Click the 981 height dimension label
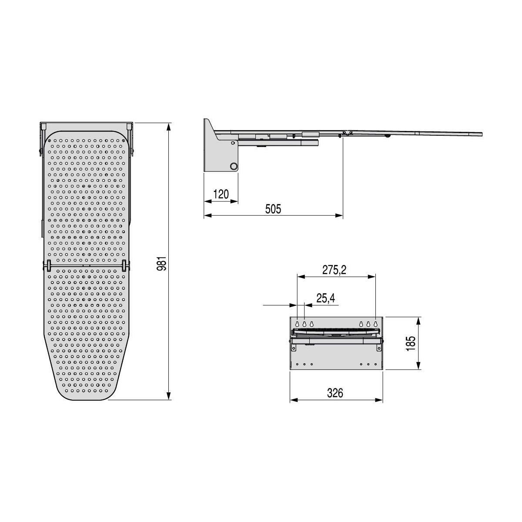(162, 263)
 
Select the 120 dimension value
(221, 194)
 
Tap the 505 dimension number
(273, 209)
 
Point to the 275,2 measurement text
(334, 270)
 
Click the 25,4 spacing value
(326, 298)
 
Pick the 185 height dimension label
(411, 344)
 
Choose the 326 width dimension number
(335, 393)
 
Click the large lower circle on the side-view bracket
(233, 166)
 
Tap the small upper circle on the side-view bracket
(233, 143)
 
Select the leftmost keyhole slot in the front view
(298, 324)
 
